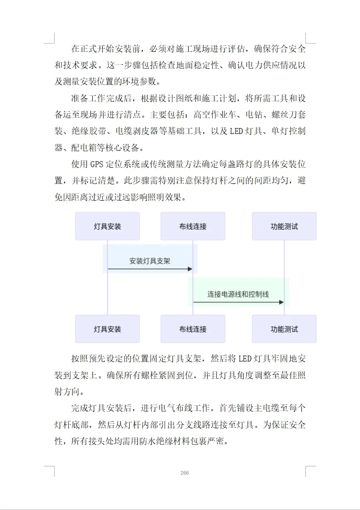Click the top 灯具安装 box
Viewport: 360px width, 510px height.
pos(107,226)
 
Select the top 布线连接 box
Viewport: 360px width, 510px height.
pos(193,226)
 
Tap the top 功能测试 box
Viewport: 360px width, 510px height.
pos(284,226)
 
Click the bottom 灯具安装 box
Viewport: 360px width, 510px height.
pos(107,329)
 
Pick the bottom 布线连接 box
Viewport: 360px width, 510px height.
pos(193,329)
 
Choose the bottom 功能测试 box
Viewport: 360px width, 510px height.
pos(284,329)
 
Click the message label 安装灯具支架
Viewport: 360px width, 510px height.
pos(150,261)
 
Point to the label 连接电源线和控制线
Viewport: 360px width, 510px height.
pos(238,294)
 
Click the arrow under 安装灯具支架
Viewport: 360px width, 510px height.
pos(150,269)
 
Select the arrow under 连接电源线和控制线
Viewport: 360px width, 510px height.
pos(238,302)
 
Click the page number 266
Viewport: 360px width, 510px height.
pos(185,473)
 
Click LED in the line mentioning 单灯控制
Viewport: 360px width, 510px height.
pos(236,132)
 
